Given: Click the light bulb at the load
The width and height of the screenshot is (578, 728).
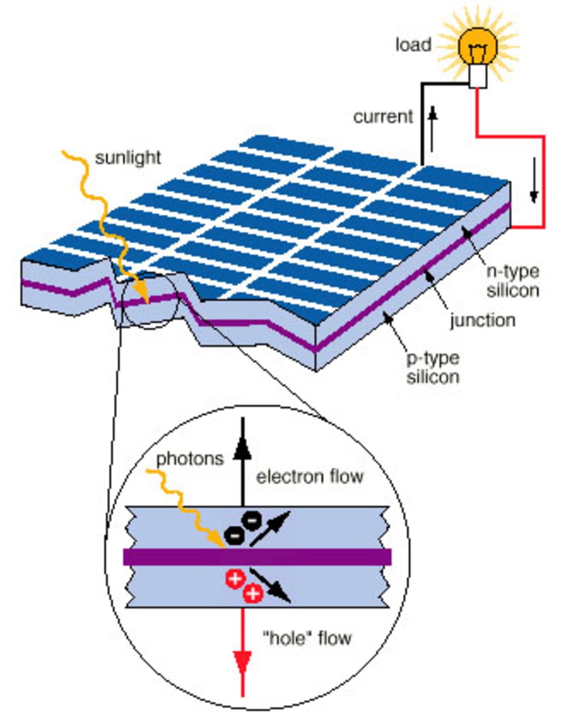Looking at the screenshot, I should [477, 49].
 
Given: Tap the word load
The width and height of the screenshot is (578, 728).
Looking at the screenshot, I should [413, 44].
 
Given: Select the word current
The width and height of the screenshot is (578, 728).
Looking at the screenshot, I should [383, 117].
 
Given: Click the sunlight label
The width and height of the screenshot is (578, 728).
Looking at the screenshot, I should [128, 157].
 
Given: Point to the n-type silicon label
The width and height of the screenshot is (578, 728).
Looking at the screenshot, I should [513, 280].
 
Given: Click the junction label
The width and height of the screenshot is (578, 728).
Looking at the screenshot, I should [483, 320].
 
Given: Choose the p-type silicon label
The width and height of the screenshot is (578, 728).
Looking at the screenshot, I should [433, 367].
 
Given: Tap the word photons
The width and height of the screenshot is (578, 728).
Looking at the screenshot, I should [190, 459].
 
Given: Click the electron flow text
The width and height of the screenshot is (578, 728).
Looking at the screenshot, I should [310, 477].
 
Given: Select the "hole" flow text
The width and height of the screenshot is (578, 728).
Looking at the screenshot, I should [307, 638].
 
